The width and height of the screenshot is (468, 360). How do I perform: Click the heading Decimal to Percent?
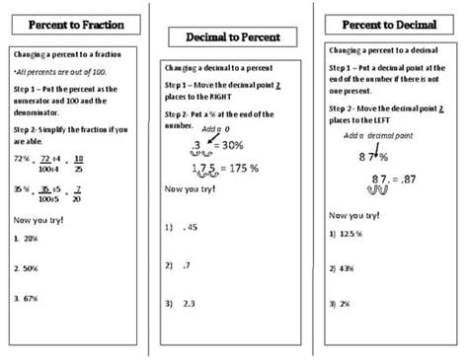233,37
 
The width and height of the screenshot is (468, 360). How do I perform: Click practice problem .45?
190,226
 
